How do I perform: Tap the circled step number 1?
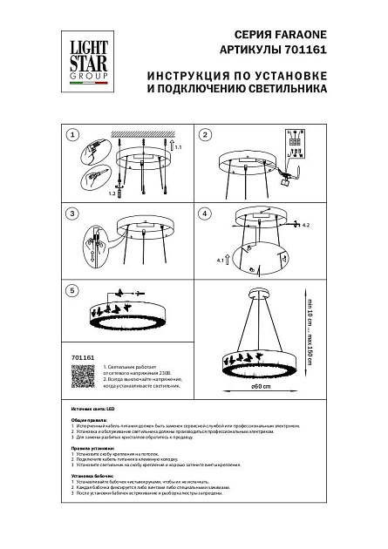point(73,135)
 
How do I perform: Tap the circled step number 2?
point(206,135)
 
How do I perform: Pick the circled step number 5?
point(73,290)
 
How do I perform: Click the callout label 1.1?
point(179,152)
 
